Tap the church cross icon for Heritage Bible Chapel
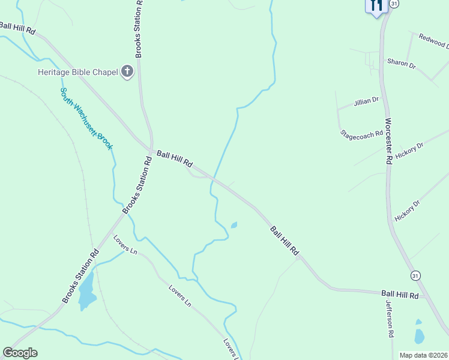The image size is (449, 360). pos(127,72)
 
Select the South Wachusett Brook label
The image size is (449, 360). pos(86,118)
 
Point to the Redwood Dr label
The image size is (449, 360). pos(434,41)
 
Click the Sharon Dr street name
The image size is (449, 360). pos(402,63)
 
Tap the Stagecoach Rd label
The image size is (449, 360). pos(361,134)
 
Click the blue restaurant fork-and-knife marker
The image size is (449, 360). pos(376,6)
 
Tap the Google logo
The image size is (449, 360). pos(20,353)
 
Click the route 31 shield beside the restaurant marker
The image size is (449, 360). pos(394,4)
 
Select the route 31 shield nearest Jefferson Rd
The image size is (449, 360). pos(415,275)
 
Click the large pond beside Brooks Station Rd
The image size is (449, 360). pos(86,291)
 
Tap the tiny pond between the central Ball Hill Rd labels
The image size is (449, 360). pos(234,225)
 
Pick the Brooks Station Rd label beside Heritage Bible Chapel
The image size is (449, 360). pos(139,29)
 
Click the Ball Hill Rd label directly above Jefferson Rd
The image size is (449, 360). pos(400,295)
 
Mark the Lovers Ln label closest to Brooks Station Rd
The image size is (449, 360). pos(125,244)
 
